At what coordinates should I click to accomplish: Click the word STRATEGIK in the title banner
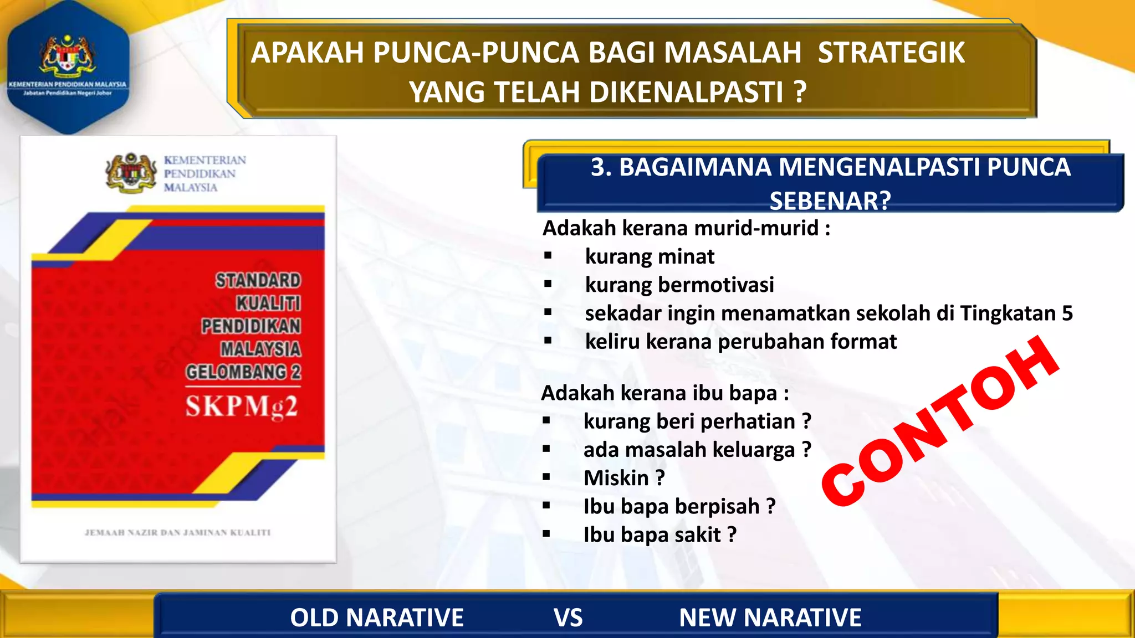tap(891, 53)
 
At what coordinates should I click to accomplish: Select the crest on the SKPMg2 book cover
tap(131, 173)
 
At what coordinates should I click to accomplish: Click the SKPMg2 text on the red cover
tap(242, 407)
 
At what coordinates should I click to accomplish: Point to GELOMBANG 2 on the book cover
tap(243, 372)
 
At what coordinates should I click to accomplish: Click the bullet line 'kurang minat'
tap(650, 256)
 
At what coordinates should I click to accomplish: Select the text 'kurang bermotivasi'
tap(679, 285)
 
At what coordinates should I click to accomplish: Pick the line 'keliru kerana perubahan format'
tap(740, 342)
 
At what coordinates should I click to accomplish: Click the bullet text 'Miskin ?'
tap(624, 478)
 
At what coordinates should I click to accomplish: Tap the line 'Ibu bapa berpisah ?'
tap(679, 506)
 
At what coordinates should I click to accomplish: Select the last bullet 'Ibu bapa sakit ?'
tap(659, 535)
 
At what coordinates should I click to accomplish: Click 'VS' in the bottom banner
tap(568, 618)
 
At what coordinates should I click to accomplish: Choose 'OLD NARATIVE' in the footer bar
tap(377, 618)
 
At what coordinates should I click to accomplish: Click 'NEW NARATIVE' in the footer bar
tap(770, 618)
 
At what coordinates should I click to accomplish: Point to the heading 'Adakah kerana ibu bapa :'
tap(664, 393)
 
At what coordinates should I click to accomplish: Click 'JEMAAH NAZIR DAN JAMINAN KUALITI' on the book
tap(177, 533)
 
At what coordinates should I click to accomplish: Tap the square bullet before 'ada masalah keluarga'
tap(546, 449)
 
